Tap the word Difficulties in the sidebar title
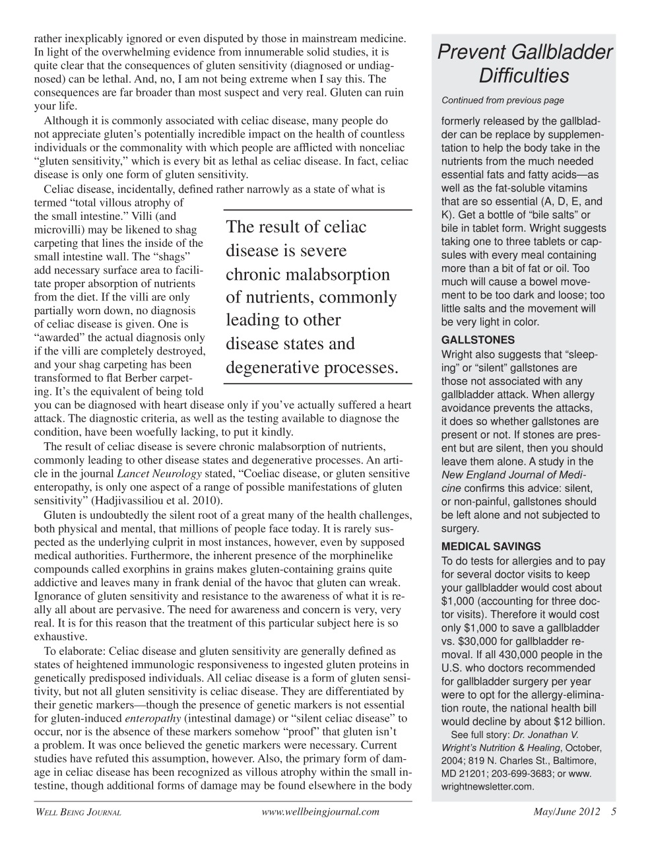coord(523,76)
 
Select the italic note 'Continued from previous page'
coord(502,100)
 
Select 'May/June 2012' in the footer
coord(567,812)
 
